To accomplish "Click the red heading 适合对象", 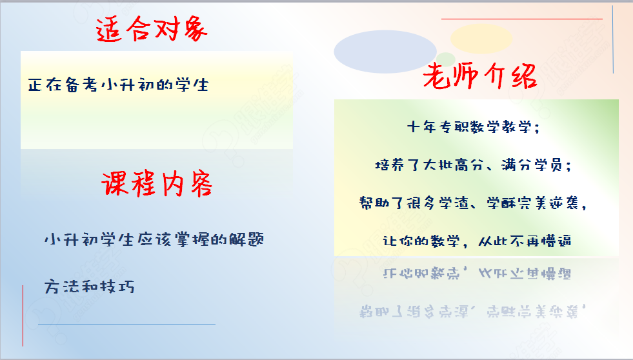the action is [x=152, y=30].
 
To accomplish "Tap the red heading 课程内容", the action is [x=157, y=184].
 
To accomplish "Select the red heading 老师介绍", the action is [x=480, y=75].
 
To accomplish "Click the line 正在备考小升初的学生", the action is [x=118, y=85].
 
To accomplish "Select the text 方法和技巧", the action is [x=89, y=286].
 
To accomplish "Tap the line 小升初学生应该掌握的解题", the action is [x=154, y=239].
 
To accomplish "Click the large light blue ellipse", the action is [x=385, y=52].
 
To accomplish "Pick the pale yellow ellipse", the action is [x=481, y=38].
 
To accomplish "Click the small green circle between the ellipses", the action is [x=446, y=59].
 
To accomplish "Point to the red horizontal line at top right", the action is [x=522, y=19].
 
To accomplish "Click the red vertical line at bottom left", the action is [x=23, y=315].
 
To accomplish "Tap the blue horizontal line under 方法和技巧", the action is [x=126, y=324].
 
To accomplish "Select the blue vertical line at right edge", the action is [x=613, y=39].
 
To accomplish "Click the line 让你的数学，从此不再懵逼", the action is [x=477, y=241].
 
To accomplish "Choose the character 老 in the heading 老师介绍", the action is [x=436, y=76].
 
